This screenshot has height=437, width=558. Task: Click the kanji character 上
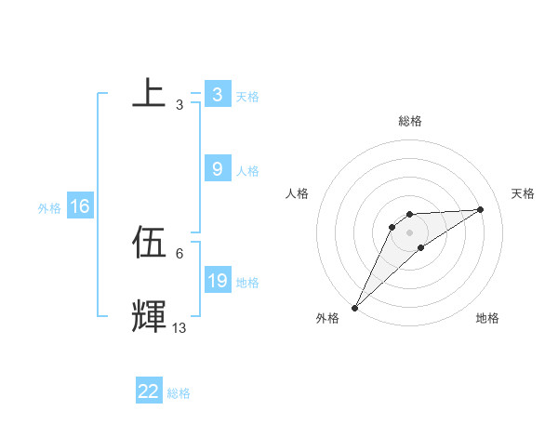coord(149,93)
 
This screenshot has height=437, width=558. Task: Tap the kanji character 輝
coord(149,316)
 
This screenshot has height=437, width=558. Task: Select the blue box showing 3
coord(217,95)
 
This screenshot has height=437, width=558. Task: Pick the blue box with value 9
coord(217,168)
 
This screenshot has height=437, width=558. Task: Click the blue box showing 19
coord(217,280)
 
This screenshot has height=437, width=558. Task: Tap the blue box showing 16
coord(80,206)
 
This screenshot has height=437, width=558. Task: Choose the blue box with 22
coord(149,391)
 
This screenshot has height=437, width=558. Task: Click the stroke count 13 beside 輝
coord(179,328)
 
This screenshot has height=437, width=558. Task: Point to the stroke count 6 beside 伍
coord(179,253)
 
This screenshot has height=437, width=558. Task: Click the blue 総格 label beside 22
coord(179,393)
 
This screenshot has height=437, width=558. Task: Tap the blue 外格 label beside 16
coord(49,208)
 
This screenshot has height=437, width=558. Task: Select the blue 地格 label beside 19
coord(247,282)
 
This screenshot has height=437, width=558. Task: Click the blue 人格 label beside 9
coord(247,171)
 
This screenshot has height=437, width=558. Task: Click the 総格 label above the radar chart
coord(410,121)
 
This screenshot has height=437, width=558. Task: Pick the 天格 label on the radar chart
coord(524,193)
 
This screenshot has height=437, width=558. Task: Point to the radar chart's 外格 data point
coord(354,308)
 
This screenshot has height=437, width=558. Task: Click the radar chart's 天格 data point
coord(481,209)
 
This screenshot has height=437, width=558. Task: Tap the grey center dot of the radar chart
coord(410,232)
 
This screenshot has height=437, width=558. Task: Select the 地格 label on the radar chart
coord(487,318)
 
